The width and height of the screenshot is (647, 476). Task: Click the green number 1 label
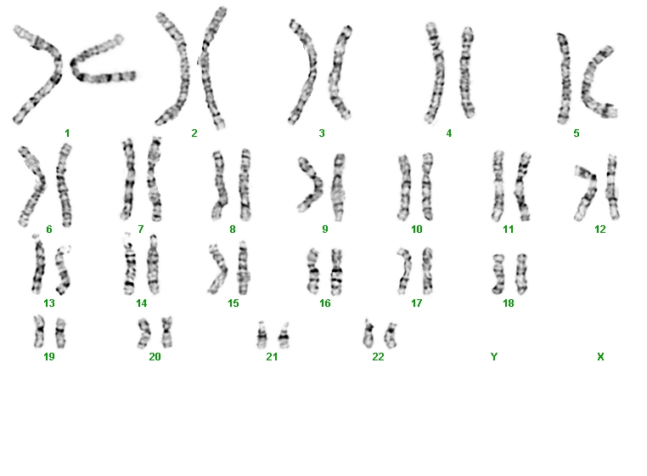[x=67, y=133]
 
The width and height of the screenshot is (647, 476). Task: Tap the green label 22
[x=378, y=357]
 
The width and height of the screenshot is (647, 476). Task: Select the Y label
[x=494, y=357]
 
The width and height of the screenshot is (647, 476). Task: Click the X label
[x=600, y=357]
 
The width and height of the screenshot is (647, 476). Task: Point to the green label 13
[x=49, y=303]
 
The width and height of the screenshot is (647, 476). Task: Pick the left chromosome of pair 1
[x=37, y=75]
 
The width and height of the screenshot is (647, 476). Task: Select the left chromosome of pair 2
[x=172, y=69]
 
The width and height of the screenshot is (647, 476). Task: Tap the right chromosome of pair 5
[x=598, y=82]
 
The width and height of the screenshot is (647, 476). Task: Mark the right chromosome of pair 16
[x=337, y=271]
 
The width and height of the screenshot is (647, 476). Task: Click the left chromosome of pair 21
[x=262, y=335]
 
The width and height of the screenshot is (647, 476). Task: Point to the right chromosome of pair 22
[x=391, y=335]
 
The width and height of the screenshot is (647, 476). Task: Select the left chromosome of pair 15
[x=218, y=269]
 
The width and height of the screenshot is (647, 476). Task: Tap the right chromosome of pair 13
[x=63, y=269]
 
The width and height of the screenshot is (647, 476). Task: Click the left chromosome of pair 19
[x=39, y=331]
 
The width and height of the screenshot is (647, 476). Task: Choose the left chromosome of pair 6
[x=31, y=186]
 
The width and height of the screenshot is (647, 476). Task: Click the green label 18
[x=509, y=303]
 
